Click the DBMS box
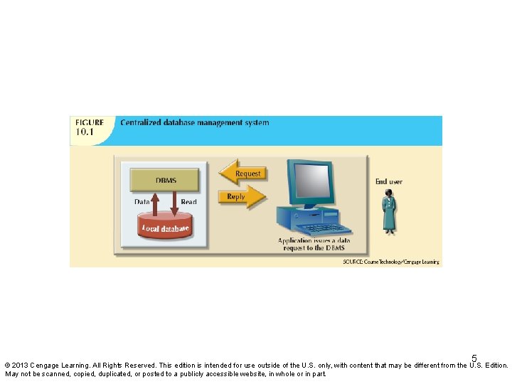click(x=166, y=180)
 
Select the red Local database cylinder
click(x=165, y=228)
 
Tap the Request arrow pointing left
click(x=241, y=174)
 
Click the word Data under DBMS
click(x=142, y=202)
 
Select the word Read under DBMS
click(x=188, y=202)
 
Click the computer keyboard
click(x=324, y=229)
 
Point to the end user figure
click(x=388, y=212)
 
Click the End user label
click(x=389, y=182)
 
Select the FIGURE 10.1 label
click(x=90, y=127)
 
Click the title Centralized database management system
click(x=195, y=122)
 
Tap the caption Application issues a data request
click(x=314, y=244)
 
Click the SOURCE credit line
click(x=392, y=262)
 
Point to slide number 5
click(x=474, y=358)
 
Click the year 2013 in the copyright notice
click(x=21, y=366)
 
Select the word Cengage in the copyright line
click(x=46, y=366)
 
